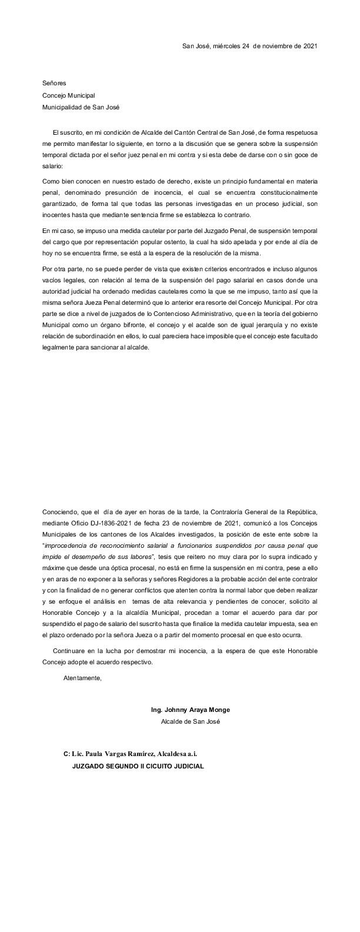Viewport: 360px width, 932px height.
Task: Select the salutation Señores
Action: click(x=54, y=84)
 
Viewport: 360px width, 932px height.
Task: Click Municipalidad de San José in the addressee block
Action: click(x=79, y=107)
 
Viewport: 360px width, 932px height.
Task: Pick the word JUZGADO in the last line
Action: click(x=89, y=767)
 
